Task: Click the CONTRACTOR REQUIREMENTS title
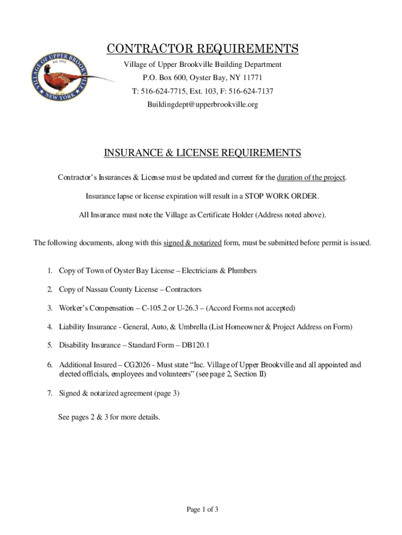203,49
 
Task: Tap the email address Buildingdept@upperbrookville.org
202,105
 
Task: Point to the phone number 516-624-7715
165,91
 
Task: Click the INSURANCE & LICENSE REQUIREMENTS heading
203,153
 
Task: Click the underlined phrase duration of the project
311,178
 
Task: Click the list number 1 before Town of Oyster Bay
50,271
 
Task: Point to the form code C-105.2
151,308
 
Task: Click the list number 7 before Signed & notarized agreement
50,394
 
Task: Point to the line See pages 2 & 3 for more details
110,417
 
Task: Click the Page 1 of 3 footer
202,510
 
